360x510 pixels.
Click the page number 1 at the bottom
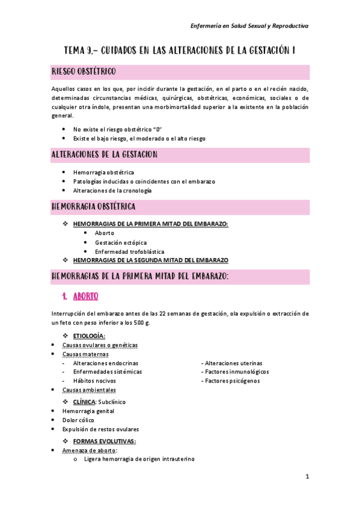pyautogui.click(x=307, y=477)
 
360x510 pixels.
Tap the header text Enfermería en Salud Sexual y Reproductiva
pyautogui.click(x=249, y=26)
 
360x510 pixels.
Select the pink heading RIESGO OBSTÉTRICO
pyautogui.click(x=88, y=72)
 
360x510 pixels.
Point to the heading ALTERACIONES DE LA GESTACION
pyautogui.click(x=105, y=155)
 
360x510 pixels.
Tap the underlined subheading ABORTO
pyautogui.click(x=85, y=296)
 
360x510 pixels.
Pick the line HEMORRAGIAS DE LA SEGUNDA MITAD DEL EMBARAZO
pyautogui.click(x=150, y=260)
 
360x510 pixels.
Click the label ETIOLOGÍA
pyautogui.click(x=89, y=336)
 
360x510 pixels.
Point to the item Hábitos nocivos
pyautogui.click(x=95, y=381)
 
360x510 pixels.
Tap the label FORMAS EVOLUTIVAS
pyautogui.click(x=104, y=441)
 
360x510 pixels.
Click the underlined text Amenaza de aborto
pyautogui.click(x=90, y=450)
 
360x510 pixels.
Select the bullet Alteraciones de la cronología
pyautogui.click(x=112, y=190)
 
